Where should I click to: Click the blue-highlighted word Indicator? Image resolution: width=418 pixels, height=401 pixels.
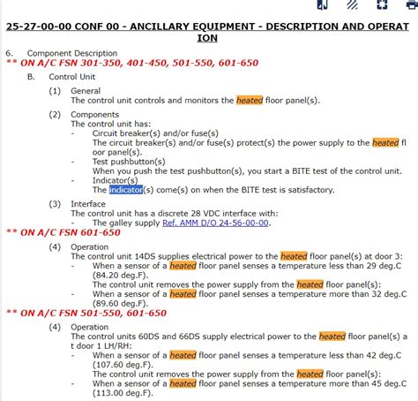pos(125,189)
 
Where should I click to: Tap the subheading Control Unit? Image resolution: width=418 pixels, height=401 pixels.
pos(69,77)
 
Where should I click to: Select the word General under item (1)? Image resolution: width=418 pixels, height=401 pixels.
pos(86,91)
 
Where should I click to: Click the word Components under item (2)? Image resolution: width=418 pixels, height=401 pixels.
pos(95,114)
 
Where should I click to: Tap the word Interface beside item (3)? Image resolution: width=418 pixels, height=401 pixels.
pos(88,203)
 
